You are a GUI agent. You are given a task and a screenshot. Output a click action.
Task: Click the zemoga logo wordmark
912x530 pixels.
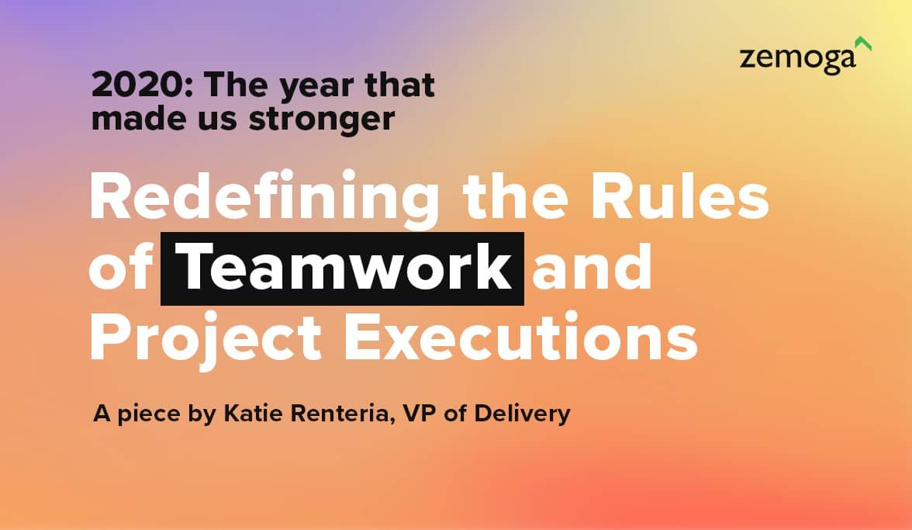[797, 59]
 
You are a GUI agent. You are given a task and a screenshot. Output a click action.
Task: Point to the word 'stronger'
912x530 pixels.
[322, 120]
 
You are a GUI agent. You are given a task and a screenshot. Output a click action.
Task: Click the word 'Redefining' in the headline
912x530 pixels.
[264, 197]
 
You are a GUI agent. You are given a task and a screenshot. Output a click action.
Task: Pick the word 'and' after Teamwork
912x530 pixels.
[592, 267]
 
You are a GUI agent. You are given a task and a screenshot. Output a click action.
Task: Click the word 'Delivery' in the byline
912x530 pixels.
[523, 414]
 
